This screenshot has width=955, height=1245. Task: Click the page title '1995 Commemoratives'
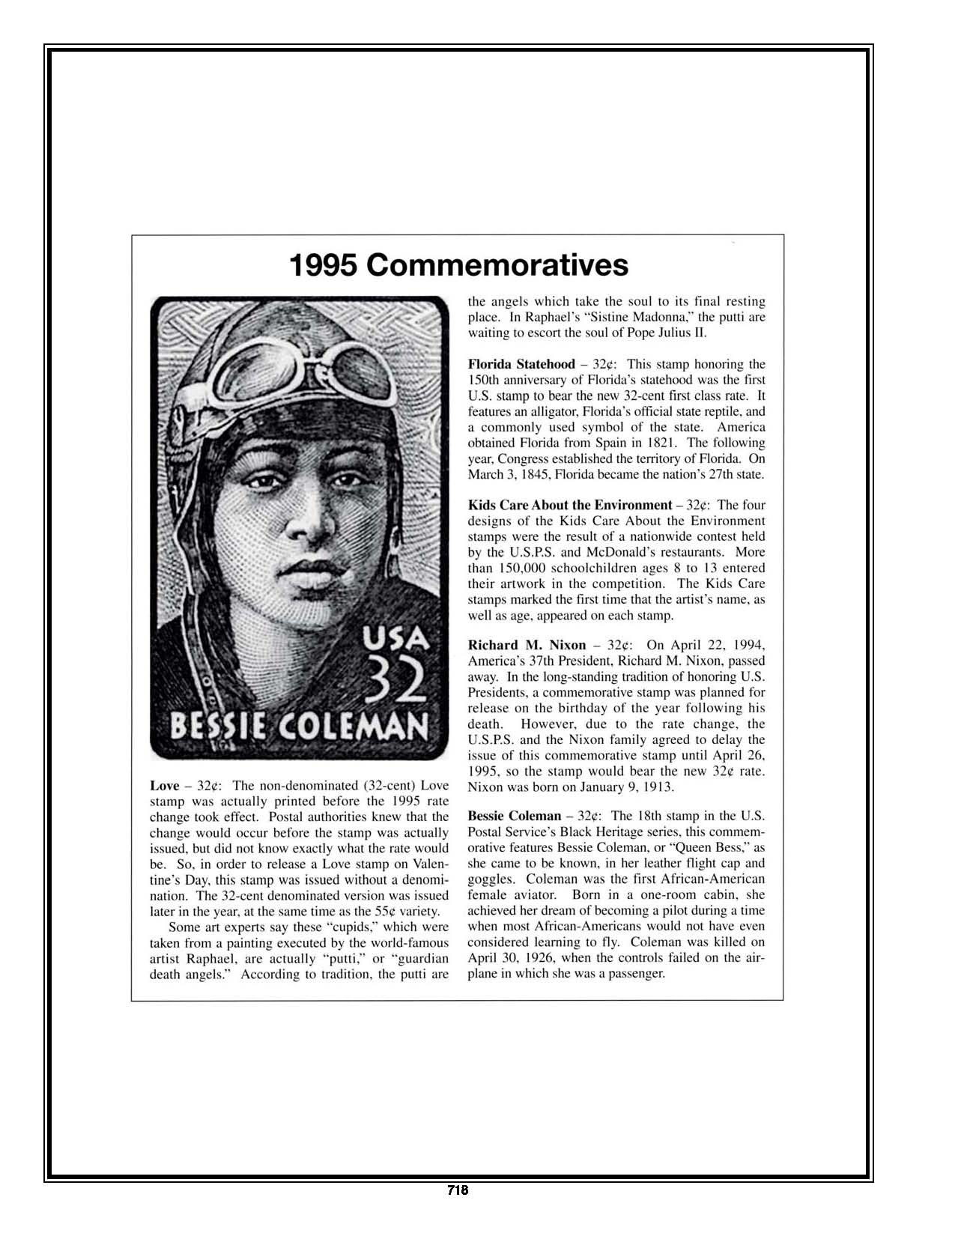[458, 265]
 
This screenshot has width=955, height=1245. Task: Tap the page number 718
[457, 1190]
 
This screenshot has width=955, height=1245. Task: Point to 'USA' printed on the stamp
[395, 638]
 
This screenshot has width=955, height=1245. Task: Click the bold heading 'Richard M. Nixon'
[527, 645]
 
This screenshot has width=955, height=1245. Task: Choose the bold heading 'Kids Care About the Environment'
[569, 505]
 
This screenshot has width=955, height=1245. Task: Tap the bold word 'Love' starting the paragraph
[164, 785]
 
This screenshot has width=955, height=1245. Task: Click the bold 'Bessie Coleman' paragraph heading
[514, 816]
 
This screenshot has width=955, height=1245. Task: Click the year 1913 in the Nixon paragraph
[661, 787]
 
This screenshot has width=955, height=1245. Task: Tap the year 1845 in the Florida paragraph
[531, 474]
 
